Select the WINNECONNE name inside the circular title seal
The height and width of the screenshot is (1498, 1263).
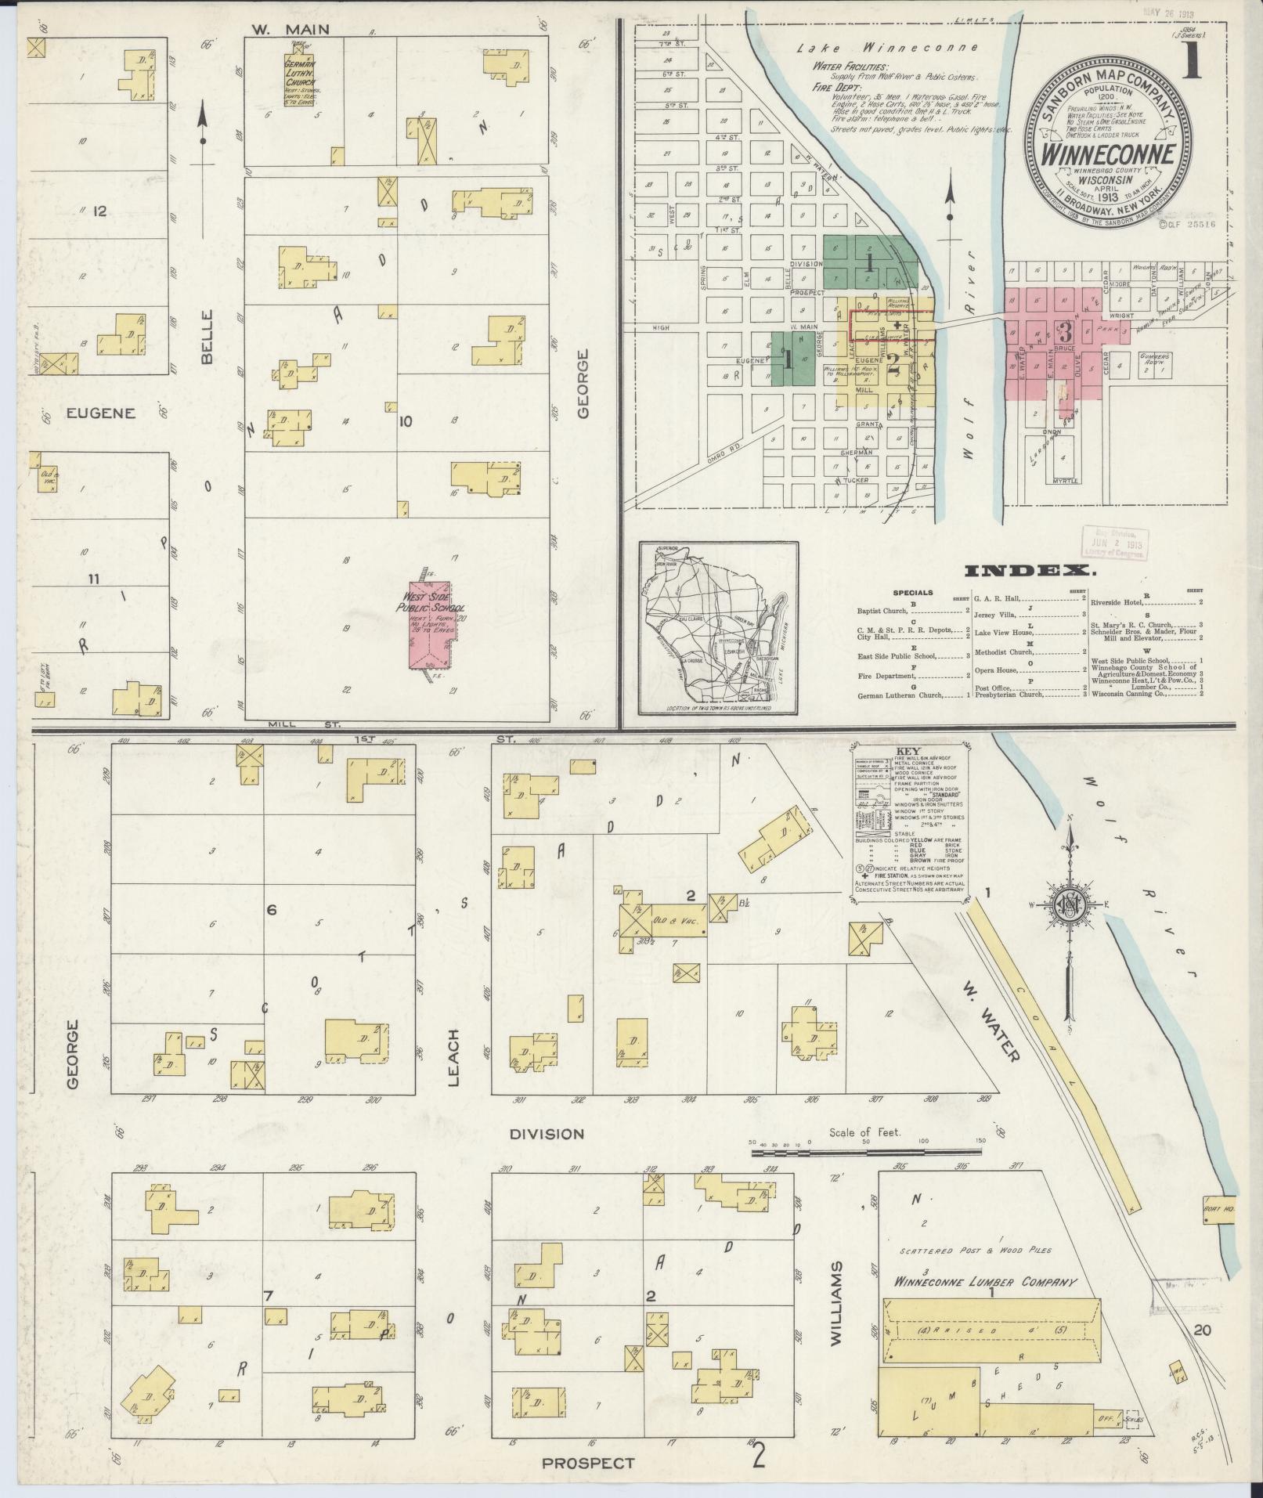point(1107,153)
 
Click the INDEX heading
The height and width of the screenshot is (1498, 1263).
point(1030,571)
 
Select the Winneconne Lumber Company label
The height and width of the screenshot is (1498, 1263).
point(985,1283)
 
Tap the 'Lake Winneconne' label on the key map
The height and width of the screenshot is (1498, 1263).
point(887,48)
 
